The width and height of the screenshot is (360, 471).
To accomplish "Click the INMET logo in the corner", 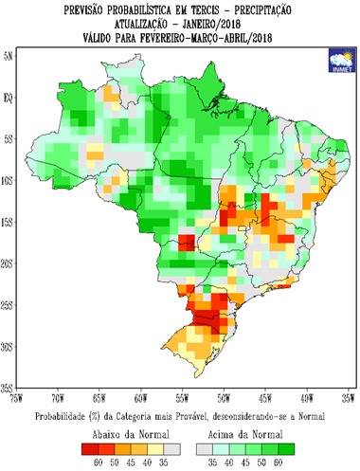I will click(x=336, y=60).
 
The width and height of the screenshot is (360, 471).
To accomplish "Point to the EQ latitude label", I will click(x=9, y=97).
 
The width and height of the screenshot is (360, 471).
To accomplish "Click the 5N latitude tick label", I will click(x=9, y=56).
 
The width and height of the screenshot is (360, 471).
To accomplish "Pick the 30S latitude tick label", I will click(x=9, y=348).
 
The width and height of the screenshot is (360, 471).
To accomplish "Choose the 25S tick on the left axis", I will click(x=9, y=306).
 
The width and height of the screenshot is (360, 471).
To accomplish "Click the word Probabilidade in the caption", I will click(x=71, y=416).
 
